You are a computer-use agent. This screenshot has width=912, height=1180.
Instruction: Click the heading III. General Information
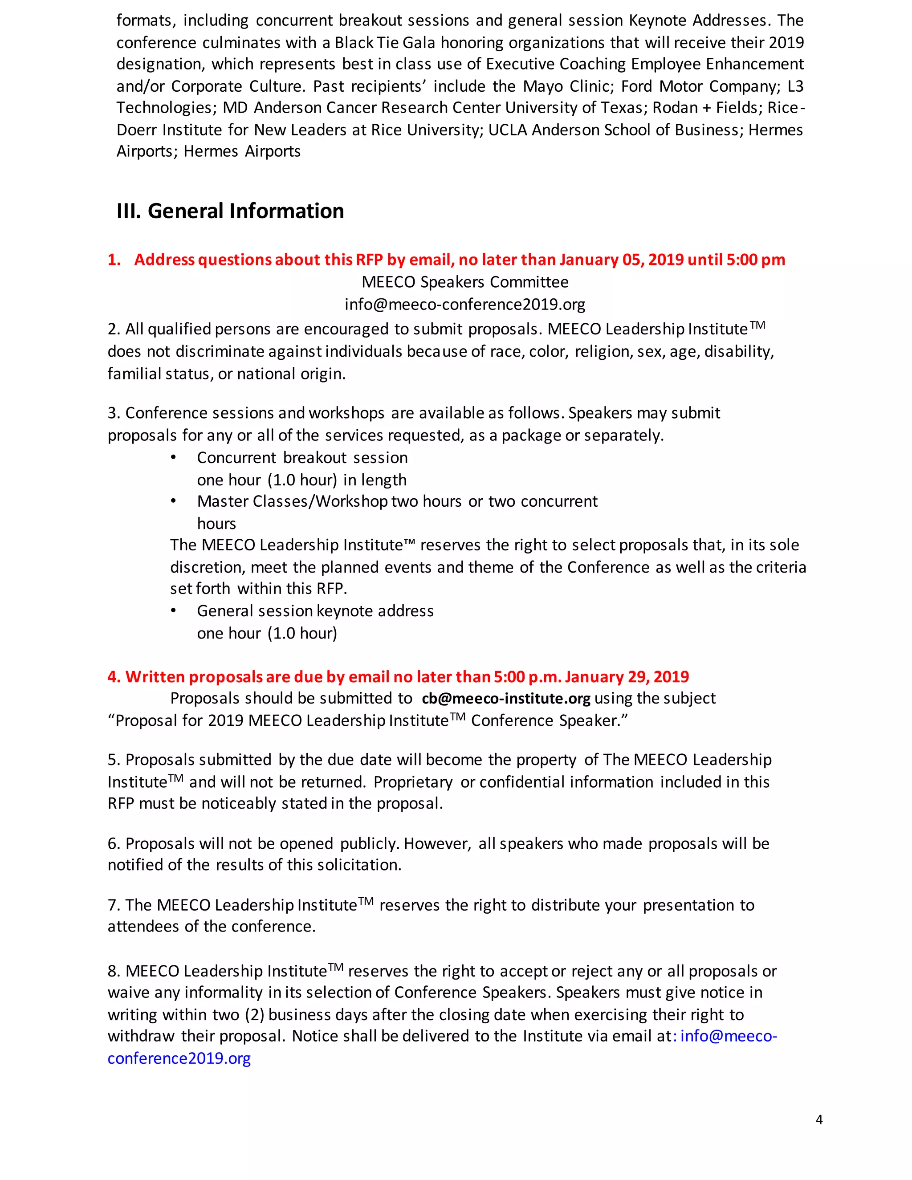(x=230, y=211)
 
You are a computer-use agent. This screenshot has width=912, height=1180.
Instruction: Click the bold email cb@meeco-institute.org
(x=506, y=699)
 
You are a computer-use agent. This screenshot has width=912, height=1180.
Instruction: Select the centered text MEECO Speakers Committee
(x=464, y=282)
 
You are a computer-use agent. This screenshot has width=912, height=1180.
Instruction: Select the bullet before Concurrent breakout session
(x=173, y=458)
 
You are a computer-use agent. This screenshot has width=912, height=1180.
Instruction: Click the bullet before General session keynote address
(x=173, y=610)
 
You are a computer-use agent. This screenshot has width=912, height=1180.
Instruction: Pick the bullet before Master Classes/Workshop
(x=173, y=501)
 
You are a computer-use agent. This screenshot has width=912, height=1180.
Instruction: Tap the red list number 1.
(x=114, y=260)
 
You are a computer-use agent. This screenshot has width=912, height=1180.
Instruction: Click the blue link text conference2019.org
(x=179, y=1058)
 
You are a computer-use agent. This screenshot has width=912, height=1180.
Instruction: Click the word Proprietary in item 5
(x=413, y=782)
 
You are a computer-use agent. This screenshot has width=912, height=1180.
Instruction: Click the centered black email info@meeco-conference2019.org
(x=464, y=305)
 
